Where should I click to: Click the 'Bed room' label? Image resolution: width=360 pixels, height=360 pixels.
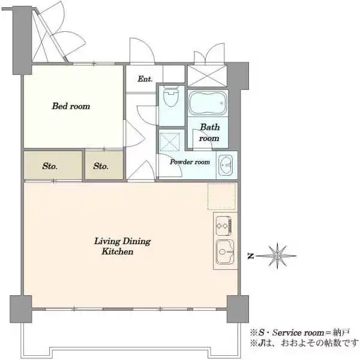tap(71, 106)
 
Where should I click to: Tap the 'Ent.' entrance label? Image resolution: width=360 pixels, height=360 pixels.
tap(145, 79)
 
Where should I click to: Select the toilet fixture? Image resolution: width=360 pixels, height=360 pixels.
tap(171, 97)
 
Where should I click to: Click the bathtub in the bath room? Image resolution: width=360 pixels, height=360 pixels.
tap(208, 103)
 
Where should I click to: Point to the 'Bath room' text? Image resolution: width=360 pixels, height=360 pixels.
tap(209, 133)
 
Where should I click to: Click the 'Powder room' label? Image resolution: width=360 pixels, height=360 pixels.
tap(190, 162)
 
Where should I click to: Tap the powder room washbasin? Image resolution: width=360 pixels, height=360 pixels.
tap(226, 164)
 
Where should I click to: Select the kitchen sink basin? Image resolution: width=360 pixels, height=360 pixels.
tap(225, 251)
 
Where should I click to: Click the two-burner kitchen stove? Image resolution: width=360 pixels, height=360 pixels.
tap(224, 226)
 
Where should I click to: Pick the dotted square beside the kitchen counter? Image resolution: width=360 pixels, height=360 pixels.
tap(221, 197)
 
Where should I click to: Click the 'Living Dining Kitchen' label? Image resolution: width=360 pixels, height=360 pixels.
tap(122, 246)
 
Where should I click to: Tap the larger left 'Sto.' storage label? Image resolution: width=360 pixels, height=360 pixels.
tap(50, 166)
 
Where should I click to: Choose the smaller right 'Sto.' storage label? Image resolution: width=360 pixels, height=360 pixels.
tap(101, 166)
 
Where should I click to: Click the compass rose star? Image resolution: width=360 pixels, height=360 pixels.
tap(278, 256)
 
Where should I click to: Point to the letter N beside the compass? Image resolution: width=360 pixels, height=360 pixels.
tap(251, 256)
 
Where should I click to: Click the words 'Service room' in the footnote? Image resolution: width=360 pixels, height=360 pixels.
tap(298, 332)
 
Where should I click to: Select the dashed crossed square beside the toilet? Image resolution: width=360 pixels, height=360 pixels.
tap(169, 141)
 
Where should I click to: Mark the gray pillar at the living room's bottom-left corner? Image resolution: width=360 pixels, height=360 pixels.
tap(20, 309)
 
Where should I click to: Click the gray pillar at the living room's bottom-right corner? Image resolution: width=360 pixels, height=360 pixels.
tap(238, 309)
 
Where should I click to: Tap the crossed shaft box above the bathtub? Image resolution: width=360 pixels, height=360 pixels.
tap(207, 76)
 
